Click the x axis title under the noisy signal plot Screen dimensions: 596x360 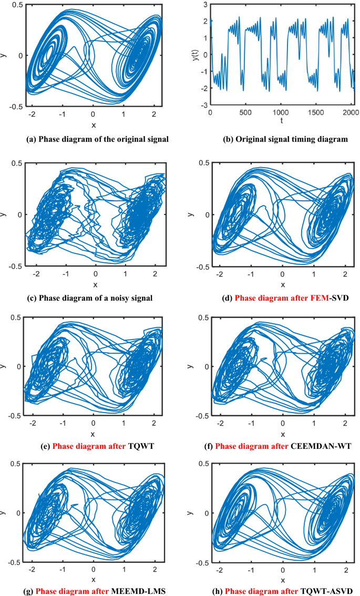coord(95,284)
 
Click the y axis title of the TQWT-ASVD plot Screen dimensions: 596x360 coord(191,513)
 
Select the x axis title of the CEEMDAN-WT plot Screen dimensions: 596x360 coord(282,434)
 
